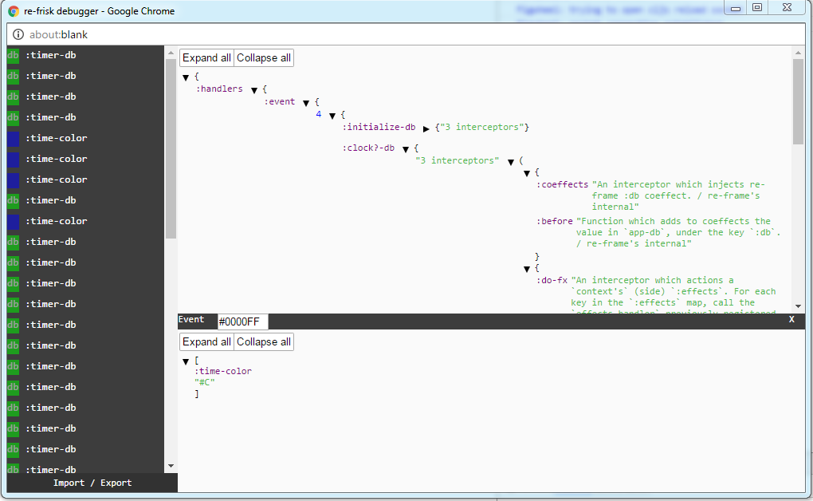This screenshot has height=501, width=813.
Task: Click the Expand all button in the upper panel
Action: click(206, 57)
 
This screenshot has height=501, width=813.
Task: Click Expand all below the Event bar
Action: click(206, 341)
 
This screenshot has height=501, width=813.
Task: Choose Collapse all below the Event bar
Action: click(264, 341)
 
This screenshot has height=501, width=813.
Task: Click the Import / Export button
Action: click(92, 483)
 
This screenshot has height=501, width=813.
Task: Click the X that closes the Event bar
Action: click(791, 319)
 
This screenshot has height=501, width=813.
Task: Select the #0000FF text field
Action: click(243, 322)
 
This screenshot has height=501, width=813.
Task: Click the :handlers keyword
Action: click(219, 89)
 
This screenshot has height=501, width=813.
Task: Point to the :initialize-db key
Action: click(379, 127)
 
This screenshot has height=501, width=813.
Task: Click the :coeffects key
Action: click(562, 184)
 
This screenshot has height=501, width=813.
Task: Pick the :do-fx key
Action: click(552, 280)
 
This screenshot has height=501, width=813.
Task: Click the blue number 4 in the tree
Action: click(318, 114)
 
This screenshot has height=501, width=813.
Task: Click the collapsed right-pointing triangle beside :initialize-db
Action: click(426, 128)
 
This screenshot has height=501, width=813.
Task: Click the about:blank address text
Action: click(58, 35)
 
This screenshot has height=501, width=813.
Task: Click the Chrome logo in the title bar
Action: click(14, 11)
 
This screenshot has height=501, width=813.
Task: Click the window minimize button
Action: click(736, 7)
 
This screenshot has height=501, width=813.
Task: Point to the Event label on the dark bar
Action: click(191, 319)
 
